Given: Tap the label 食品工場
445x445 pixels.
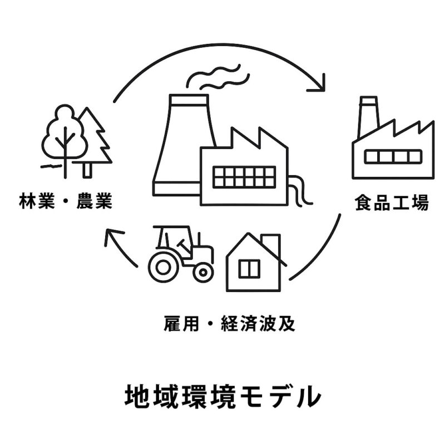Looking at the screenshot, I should [392, 202].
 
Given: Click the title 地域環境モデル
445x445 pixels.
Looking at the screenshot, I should [222, 395].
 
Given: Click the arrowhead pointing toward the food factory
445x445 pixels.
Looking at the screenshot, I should [319, 83].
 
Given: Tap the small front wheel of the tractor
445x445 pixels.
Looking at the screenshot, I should [203, 271].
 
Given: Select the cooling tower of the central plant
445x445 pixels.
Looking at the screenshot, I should [178, 145].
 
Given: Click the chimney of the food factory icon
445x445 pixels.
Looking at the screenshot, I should [368, 117].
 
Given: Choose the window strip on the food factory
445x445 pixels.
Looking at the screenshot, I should [393, 157].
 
